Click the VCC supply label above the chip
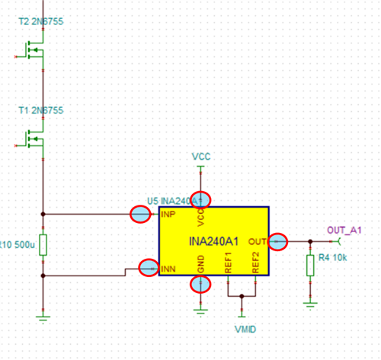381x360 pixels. [x=200, y=157]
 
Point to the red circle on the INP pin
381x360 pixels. [x=139, y=215]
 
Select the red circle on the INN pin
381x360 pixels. [x=149, y=267]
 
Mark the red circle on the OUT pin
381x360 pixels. [x=278, y=241]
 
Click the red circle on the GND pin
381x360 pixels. [x=200, y=284]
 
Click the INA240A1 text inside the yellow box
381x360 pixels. [x=214, y=242]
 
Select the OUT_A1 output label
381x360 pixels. [x=344, y=230]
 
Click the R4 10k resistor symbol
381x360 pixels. [x=310, y=265]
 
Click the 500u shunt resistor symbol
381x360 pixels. [x=43, y=244]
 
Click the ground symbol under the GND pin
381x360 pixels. [x=200, y=308]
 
